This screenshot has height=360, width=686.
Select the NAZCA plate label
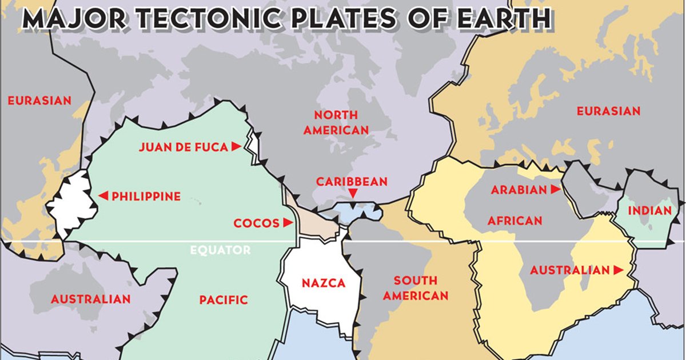(324, 283)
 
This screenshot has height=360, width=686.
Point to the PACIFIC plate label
(224, 299)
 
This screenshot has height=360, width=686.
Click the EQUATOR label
(220, 250)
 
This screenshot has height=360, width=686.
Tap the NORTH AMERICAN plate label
(336, 122)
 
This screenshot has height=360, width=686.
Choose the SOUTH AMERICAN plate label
(416, 288)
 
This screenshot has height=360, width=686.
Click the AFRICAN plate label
(514, 221)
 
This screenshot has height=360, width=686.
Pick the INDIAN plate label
(649, 211)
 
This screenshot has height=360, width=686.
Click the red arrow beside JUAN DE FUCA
(236, 147)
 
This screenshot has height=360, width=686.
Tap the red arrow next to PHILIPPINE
(103, 196)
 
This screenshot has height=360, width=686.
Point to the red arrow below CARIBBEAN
(353, 195)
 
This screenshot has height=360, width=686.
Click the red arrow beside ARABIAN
(556, 190)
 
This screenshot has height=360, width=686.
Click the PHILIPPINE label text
(146, 196)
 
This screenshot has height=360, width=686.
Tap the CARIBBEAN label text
(352, 182)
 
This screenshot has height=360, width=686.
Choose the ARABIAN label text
(519, 190)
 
